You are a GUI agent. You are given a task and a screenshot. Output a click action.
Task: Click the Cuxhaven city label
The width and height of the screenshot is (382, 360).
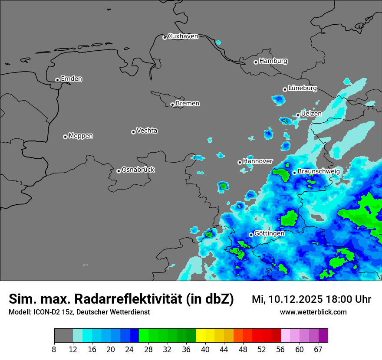point(183,36)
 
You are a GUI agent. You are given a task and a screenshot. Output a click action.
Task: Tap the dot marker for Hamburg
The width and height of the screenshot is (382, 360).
point(256,62)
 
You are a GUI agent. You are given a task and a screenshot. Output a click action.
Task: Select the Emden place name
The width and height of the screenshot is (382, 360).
point(71,79)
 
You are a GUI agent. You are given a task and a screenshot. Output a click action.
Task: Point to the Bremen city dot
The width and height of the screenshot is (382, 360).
point(172,105)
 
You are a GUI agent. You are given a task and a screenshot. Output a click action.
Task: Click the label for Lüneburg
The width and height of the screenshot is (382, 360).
point(302,88)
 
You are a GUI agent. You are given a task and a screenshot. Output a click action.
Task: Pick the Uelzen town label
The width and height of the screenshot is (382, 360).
point(311,114)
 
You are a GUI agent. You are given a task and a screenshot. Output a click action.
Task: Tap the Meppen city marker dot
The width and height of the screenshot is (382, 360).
point(65,137)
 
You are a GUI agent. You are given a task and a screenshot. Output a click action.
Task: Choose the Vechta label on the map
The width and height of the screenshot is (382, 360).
point(147,131)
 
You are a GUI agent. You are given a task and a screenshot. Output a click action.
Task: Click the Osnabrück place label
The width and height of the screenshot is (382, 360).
point(138,170)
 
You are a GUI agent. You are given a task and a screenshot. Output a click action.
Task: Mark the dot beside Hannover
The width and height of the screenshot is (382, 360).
point(240,162)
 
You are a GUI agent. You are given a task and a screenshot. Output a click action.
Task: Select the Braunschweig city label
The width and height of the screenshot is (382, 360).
point(319,171)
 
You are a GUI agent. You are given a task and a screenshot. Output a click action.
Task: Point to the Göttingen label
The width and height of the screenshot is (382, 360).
point(269,233)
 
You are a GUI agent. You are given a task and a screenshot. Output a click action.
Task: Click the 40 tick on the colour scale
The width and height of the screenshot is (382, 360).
point(205,349)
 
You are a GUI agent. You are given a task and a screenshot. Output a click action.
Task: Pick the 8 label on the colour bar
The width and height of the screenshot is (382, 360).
point(54,349)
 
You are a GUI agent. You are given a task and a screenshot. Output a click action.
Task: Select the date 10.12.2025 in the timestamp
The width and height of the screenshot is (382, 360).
point(295,299)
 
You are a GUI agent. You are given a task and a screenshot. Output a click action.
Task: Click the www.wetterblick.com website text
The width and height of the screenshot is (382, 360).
point(313,312)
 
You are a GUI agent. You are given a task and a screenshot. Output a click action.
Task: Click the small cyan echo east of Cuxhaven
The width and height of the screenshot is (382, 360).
point(218,43)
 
